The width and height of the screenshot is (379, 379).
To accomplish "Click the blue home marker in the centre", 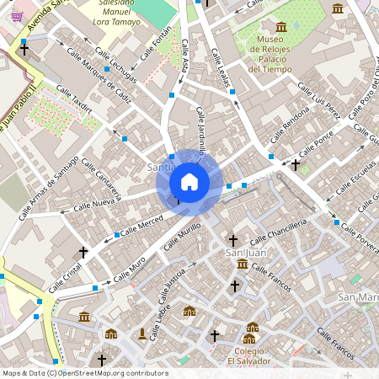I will click(189, 182).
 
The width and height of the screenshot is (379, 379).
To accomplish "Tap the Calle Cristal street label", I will click(65, 277).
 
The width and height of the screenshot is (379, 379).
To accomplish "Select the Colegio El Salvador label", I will click(250, 355).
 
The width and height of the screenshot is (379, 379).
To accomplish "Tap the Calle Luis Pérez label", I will click(325, 106).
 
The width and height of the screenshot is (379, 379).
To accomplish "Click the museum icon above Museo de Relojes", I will click(281, 27).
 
